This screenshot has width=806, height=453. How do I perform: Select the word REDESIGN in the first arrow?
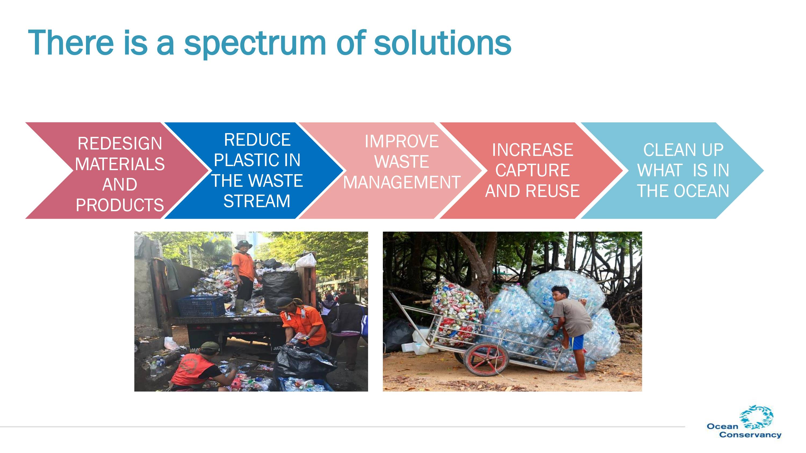(x=120, y=144)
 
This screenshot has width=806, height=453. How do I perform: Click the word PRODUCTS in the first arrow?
(x=120, y=205)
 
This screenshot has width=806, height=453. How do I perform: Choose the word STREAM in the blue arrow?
(x=257, y=201)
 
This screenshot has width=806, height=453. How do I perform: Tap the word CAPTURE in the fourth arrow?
(x=532, y=170)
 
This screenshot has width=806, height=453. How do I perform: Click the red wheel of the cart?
(x=486, y=359)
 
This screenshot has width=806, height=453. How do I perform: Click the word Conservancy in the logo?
(x=750, y=434)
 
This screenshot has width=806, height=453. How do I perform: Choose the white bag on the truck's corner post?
(x=306, y=260)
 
